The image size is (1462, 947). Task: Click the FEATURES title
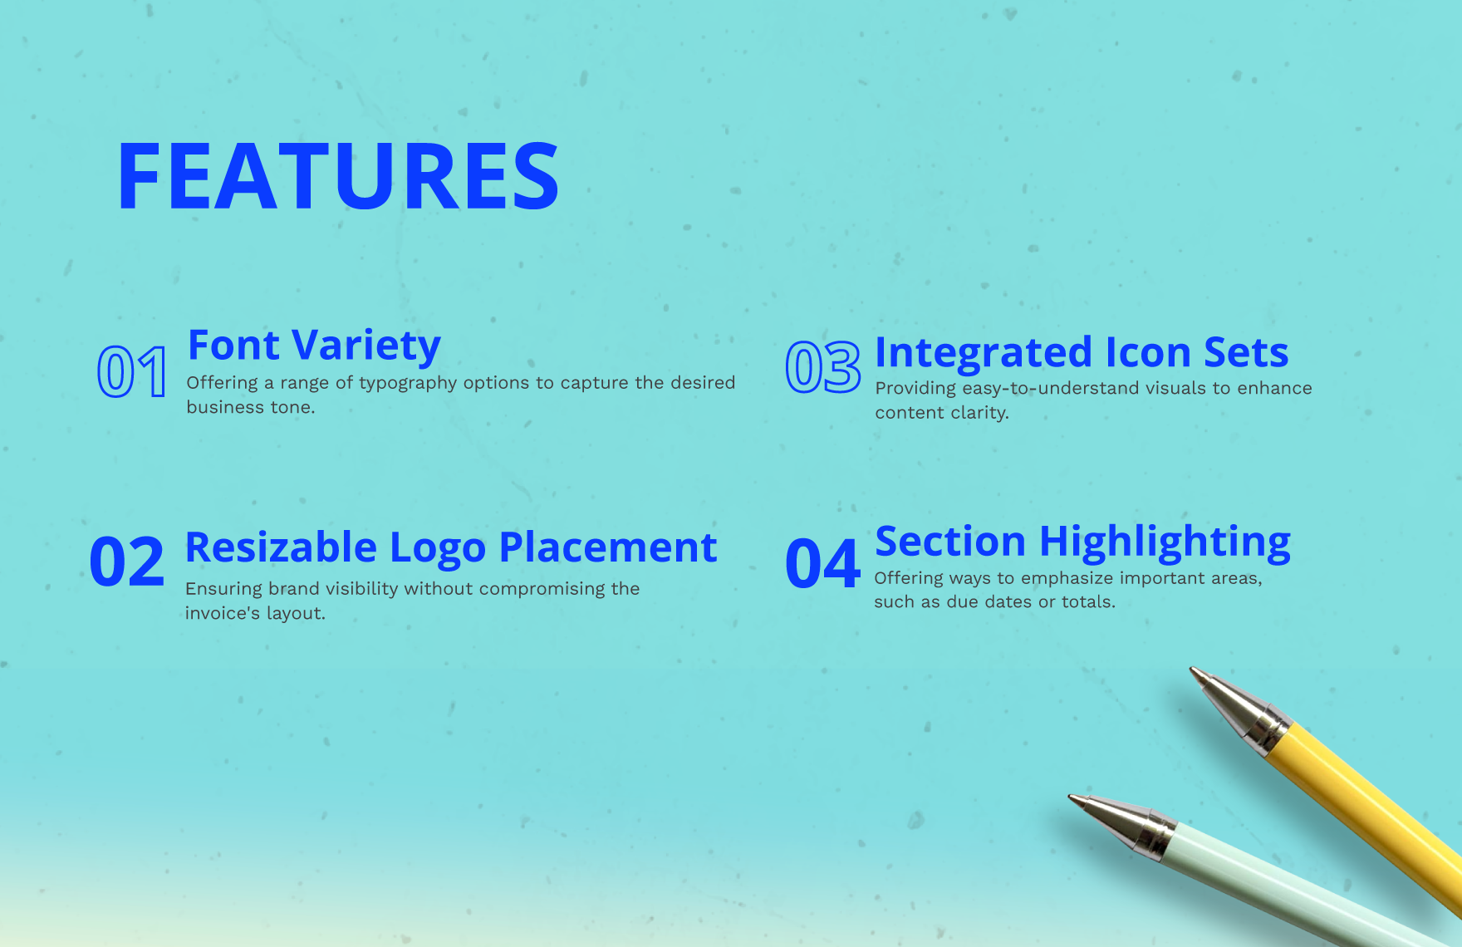[338, 176]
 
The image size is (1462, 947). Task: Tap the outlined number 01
[132, 371]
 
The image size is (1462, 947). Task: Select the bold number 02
[127, 562]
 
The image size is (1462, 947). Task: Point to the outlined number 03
[823, 366]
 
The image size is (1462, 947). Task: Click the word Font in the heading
[234, 344]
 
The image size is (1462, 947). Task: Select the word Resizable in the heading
[282, 547]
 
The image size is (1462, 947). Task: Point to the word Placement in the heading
[608, 547]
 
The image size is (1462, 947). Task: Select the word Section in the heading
[950, 541]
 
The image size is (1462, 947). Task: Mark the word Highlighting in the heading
[1165, 542]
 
